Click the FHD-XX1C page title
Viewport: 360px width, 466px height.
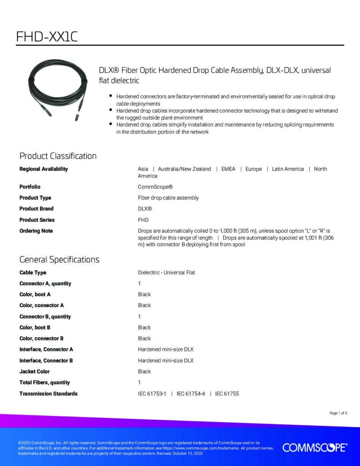(x=47, y=36)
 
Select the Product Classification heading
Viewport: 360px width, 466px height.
(x=58, y=156)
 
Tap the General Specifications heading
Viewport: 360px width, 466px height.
(x=59, y=260)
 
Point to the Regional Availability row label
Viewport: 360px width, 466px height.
(x=44, y=169)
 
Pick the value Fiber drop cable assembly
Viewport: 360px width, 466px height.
(x=168, y=198)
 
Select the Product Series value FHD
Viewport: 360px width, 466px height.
(x=143, y=220)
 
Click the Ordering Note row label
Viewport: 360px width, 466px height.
(x=36, y=231)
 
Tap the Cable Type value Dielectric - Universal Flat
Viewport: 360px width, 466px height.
(x=166, y=273)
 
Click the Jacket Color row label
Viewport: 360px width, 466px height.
(x=35, y=372)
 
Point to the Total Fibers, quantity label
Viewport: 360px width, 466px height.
(x=45, y=383)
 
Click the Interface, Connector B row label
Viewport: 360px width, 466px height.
(x=46, y=361)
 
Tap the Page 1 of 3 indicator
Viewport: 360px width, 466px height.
(x=338, y=413)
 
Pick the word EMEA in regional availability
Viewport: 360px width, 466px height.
(x=228, y=169)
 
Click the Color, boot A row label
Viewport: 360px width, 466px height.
(x=35, y=294)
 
